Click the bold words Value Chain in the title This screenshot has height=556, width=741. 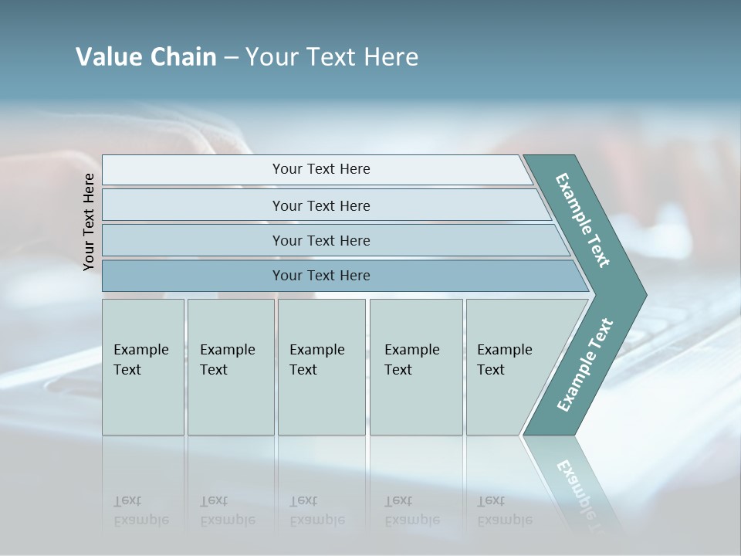point(146,57)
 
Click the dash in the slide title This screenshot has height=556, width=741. point(231,58)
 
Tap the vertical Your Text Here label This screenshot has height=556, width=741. point(89,222)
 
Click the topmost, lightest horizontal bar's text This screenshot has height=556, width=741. point(321,169)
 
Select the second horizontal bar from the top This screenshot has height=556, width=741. point(321,205)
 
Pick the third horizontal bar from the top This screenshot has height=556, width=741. point(321,240)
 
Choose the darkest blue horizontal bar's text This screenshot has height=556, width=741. point(321,276)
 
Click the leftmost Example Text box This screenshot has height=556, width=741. point(143,367)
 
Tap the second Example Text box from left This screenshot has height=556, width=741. point(231,367)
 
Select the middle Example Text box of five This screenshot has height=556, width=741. point(321,367)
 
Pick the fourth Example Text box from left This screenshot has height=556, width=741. point(416,367)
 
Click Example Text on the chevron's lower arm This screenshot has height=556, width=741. point(585,364)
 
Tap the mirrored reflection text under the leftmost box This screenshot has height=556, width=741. point(140,510)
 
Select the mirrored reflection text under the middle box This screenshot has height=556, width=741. point(316,510)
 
